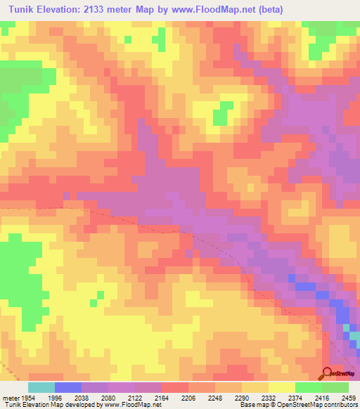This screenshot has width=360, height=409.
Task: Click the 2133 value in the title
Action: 111,10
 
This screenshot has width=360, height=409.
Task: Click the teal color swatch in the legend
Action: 41,387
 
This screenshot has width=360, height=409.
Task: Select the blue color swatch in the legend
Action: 67,387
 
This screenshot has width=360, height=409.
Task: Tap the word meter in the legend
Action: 11,397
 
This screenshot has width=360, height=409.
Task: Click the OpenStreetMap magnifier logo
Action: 327,374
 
